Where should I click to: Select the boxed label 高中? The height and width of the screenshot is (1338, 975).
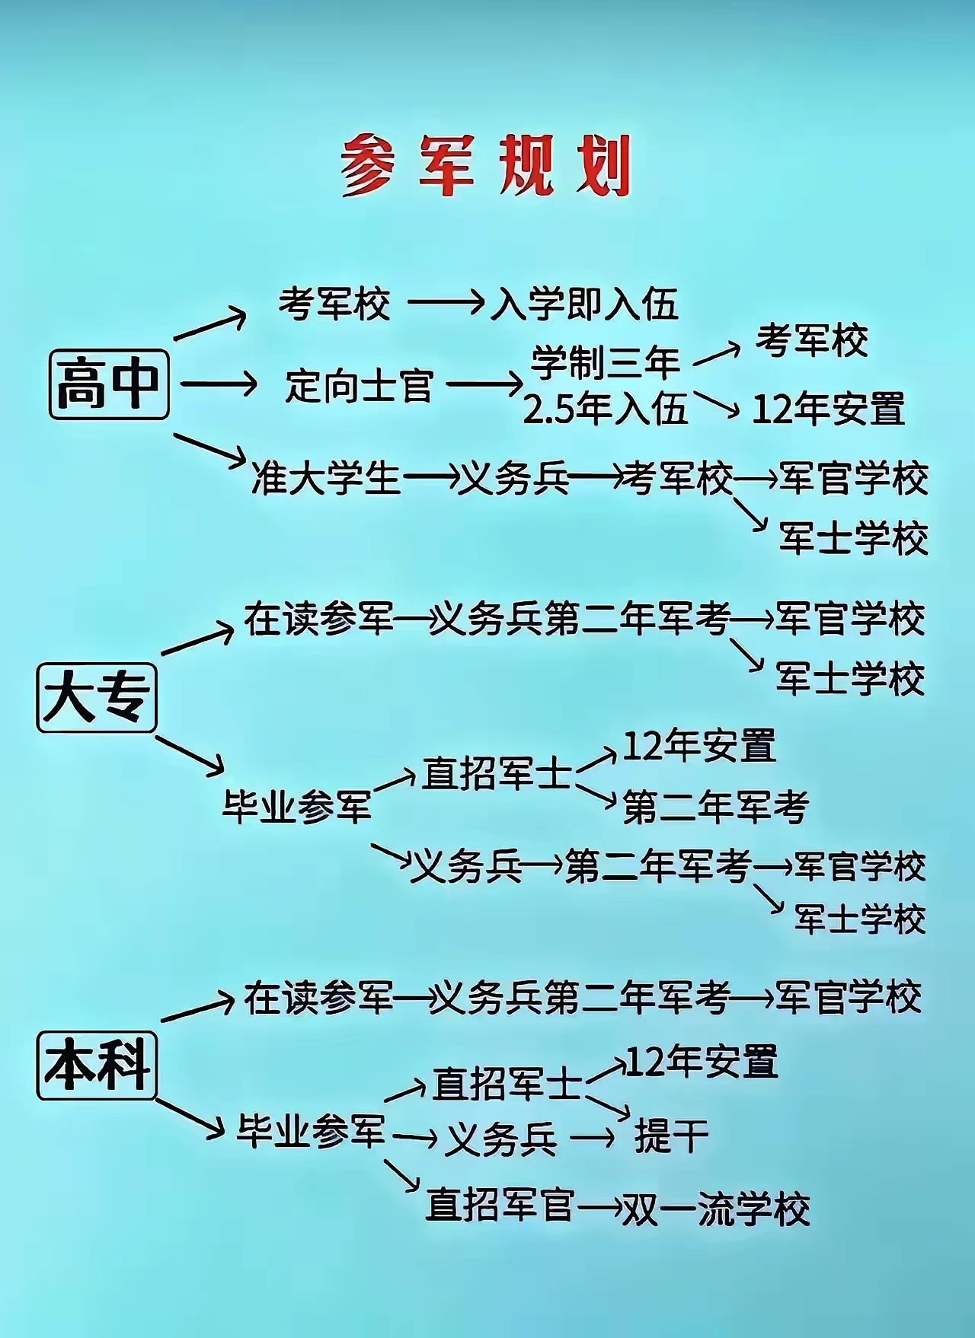(109, 384)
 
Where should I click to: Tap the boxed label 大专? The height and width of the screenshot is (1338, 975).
(97, 698)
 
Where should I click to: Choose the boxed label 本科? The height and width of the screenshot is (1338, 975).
(97, 1065)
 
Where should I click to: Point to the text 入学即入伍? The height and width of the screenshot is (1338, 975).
(584, 304)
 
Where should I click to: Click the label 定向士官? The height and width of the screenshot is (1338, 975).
(360, 385)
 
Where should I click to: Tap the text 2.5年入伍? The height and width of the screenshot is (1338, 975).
(606, 409)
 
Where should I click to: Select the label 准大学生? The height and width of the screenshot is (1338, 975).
(326, 479)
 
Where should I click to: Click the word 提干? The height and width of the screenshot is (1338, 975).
(671, 1136)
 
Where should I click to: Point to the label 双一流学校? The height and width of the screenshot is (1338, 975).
(716, 1209)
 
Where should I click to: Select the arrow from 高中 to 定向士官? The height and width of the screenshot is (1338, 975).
(219, 384)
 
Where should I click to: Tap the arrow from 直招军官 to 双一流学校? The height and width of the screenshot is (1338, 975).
(599, 1207)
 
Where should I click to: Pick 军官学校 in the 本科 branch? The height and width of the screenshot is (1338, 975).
(849, 997)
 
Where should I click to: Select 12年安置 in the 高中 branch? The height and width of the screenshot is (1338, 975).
(829, 409)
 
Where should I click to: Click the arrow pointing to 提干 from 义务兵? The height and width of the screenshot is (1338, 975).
(593, 1138)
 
